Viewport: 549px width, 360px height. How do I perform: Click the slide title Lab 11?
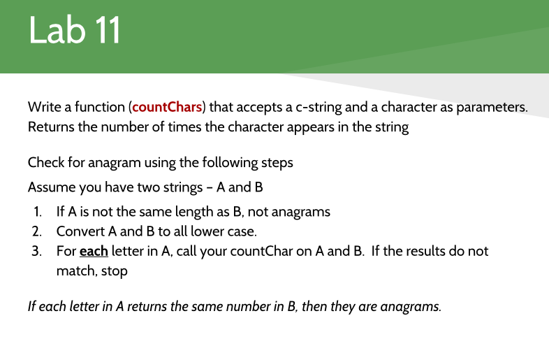click(75, 31)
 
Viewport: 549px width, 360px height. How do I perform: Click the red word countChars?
click(167, 108)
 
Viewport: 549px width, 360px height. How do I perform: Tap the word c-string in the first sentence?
click(321, 108)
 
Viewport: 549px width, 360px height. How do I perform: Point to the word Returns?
click(52, 128)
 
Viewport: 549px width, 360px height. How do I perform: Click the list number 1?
click(36, 211)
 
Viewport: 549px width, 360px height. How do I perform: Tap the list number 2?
click(36, 231)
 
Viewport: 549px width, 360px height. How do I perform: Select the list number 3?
click(36, 250)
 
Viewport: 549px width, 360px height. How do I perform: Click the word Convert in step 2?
click(80, 231)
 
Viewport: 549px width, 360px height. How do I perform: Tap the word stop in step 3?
click(115, 271)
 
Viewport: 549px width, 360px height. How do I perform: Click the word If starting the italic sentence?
click(32, 306)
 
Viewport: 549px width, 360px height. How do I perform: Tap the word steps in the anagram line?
click(277, 163)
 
